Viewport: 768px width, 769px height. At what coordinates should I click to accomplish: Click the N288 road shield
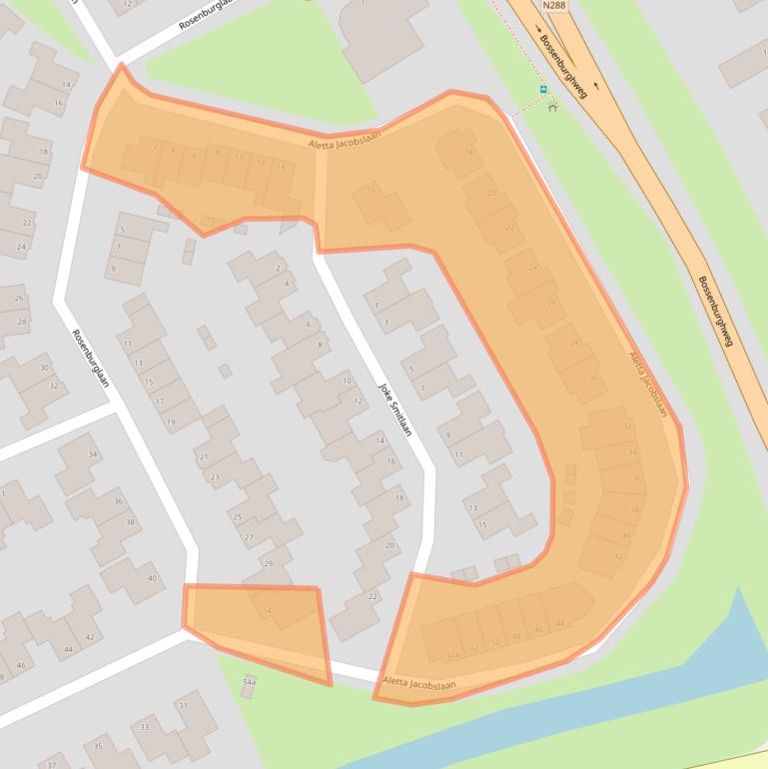[555, 6]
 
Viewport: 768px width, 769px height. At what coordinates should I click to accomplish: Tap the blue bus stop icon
[543, 90]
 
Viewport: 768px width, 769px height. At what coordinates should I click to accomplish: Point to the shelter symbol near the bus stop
[552, 103]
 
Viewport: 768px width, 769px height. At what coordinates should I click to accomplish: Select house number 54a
[249, 681]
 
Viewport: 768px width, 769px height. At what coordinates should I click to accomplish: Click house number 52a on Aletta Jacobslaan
[452, 655]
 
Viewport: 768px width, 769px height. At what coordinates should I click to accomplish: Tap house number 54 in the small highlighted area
[267, 610]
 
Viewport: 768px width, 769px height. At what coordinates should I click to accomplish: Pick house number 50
[495, 642]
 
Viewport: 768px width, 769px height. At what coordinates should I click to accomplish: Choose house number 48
[516, 636]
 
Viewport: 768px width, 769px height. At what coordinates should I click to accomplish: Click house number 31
[183, 706]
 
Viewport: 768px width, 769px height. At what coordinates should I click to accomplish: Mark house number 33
[145, 727]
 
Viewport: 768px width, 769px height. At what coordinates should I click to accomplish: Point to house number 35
[98, 746]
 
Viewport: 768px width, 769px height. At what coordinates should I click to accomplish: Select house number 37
[52, 764]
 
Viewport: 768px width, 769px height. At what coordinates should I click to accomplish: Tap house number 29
[268, 564]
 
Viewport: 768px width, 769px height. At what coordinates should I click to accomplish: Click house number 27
[250, 538]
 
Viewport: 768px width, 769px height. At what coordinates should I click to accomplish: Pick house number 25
[237, 516]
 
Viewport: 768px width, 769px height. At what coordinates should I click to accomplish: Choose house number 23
[215, 477]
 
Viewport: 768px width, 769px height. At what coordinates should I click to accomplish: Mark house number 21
[203, 456]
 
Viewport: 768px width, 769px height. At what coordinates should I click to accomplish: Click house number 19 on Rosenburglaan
[170, 422]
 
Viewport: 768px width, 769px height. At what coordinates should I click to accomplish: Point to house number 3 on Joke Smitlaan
[385, 322]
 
